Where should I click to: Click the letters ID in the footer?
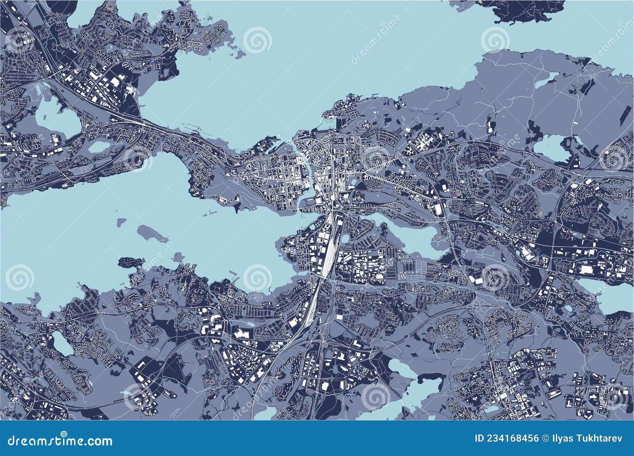point(479,439)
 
